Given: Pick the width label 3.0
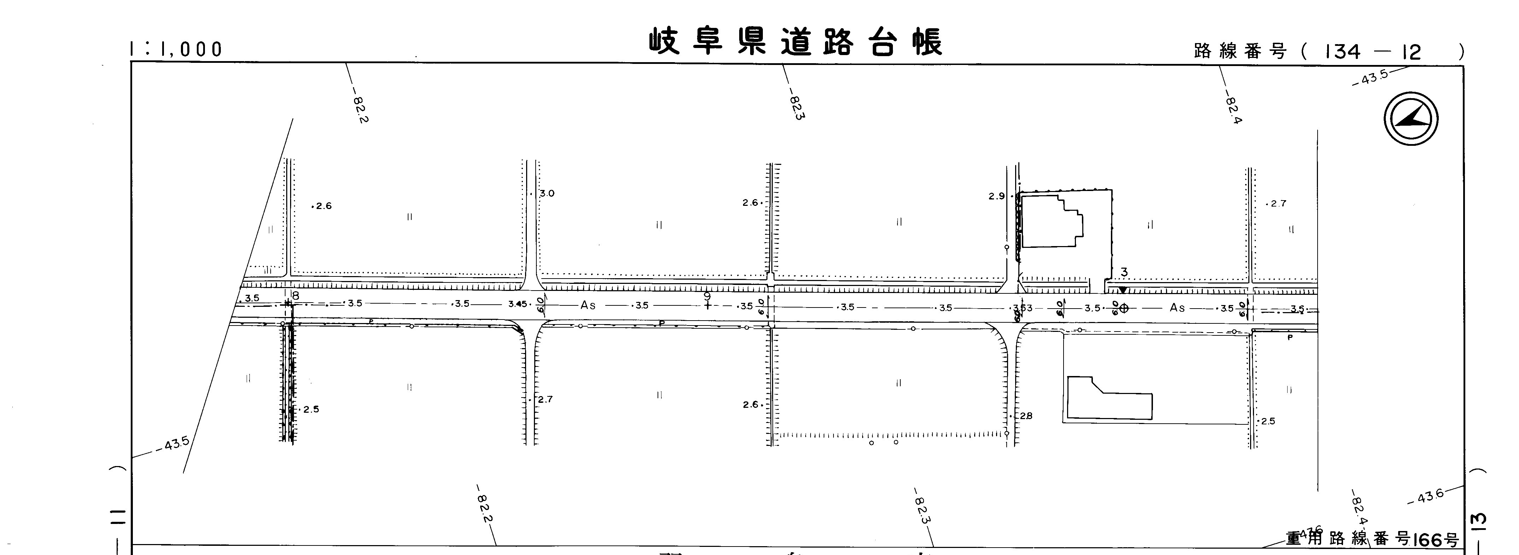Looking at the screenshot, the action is click(547, 193).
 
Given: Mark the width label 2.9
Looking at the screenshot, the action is click(996, 196).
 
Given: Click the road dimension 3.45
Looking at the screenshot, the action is click(517, 304).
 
